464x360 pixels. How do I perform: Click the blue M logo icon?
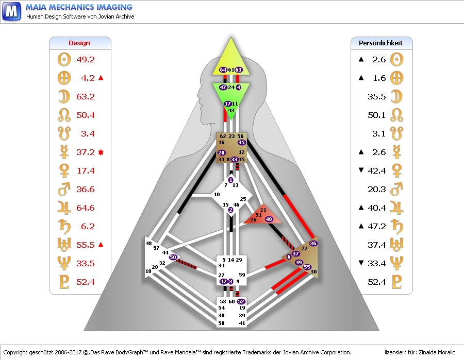(x=11, y=11)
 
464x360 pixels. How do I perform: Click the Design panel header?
(x=79, y=43)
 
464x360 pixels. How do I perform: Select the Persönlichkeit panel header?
(x=381, y=43)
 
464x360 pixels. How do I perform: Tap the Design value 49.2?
(x=86, y=60)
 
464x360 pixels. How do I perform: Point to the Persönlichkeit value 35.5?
(x=377, y=96)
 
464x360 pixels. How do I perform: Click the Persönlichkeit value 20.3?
(x=377, y=189)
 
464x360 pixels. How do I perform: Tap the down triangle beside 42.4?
(x=361, y=170)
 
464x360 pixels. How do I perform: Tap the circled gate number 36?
(x=313, y=243)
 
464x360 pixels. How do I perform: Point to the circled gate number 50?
(x=173, y=257)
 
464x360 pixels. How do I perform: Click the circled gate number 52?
(x=241, y=301)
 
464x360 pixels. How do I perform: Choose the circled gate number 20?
(x=221, y=153)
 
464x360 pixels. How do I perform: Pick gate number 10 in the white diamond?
(x=217, y=194)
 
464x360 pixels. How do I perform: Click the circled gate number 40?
(x=269, y=219)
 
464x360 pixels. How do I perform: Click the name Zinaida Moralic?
(x=434, y=352)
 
